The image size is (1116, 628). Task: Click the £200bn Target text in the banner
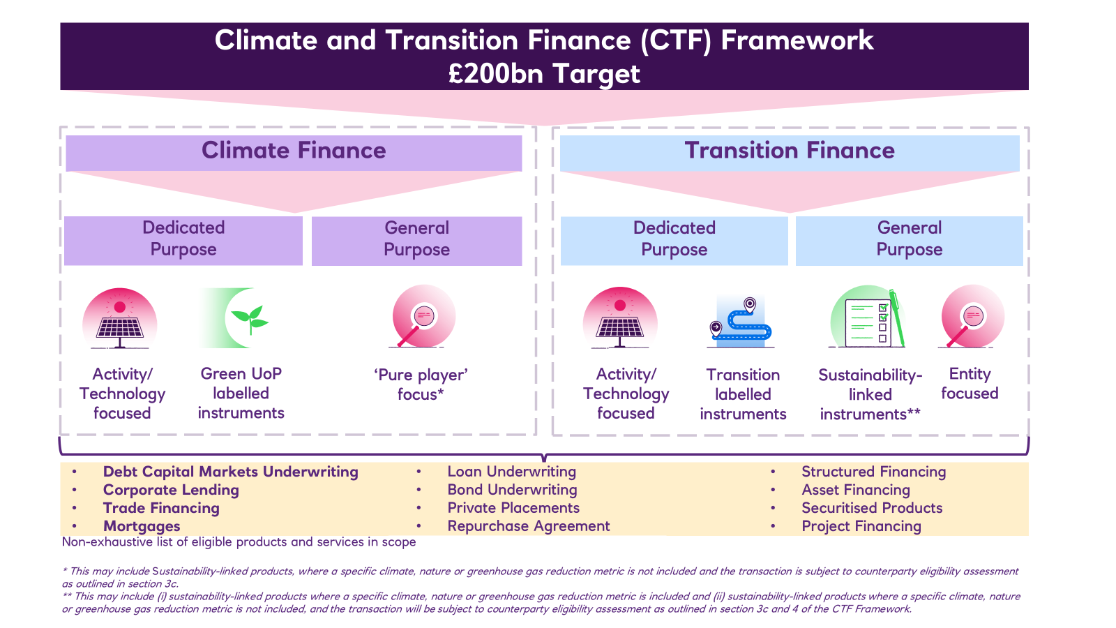(x=543, y=74)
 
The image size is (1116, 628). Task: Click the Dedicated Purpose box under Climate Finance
(x=183, y=240)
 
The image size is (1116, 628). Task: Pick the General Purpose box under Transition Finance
(x=910, y=240)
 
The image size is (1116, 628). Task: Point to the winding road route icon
(x=741, y=322)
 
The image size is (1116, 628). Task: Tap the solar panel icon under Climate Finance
(x=119, y=318)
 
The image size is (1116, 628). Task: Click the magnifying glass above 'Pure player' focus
(x=423, y=316)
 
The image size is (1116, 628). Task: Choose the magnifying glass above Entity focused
(x=972, y=316)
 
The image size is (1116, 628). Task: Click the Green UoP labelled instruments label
(x=241, y=394)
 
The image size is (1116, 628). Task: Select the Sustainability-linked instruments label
(x=870, y=394)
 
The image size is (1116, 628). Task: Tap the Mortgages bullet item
(x=142, y=526)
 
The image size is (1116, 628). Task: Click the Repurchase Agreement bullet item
(x=528, y=526)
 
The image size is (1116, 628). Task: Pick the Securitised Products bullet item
(x=872, y=508)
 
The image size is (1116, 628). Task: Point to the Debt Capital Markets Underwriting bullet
(x=230, y=472)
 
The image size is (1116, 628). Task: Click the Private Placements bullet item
(x=513, y=508)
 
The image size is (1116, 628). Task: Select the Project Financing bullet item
(x=861, y=526)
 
